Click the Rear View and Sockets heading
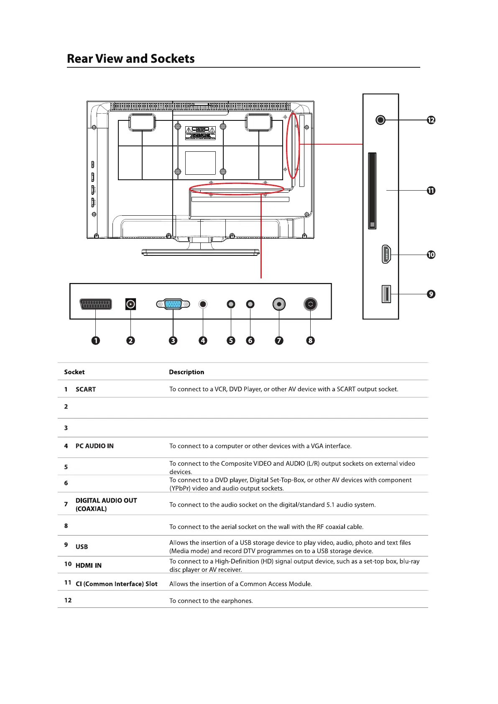130,59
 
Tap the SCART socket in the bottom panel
96,304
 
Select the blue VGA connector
173,304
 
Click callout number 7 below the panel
279,340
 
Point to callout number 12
431,120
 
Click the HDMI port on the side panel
386,254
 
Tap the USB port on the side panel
386,294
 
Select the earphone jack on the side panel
380,120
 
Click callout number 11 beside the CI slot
431,191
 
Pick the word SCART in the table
86,389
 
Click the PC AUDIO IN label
94,446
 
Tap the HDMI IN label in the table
89,565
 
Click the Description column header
186,372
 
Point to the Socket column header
74,372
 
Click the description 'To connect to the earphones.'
211,601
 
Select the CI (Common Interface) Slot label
117,584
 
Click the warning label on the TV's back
200,133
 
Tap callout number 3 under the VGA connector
173,340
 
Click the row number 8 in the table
66,525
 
